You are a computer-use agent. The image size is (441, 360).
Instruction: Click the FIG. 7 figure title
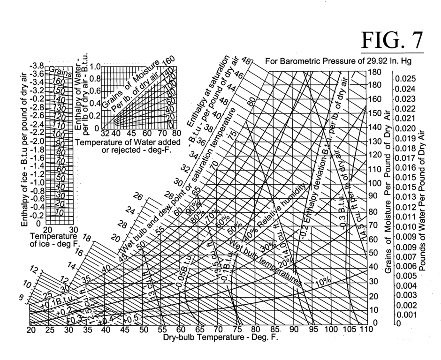click(392, 40)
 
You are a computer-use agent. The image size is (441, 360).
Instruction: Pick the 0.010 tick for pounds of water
click(406, 227)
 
